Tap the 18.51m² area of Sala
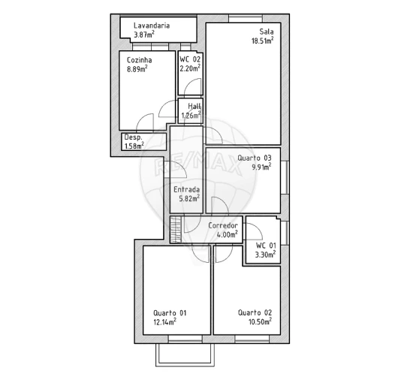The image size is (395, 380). tap(262, 41)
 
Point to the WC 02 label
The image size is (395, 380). tap(190, 59)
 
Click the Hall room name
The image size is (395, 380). tap(194, 107)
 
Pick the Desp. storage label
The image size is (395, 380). tap(134, 137)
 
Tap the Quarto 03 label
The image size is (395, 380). tap(254, 158)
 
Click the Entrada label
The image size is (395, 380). tap(186, 190)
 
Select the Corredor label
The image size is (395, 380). tap(223, 225)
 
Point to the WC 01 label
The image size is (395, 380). tap(265, 246)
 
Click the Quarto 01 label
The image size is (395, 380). tap(169, 312)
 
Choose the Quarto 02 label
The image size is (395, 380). tap(255, 312)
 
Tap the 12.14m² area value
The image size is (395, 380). tap(164, 322)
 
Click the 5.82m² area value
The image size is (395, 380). tap(187, 199)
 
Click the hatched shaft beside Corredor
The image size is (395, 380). tap(176, 229)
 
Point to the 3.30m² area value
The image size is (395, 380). tap(265, 255)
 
